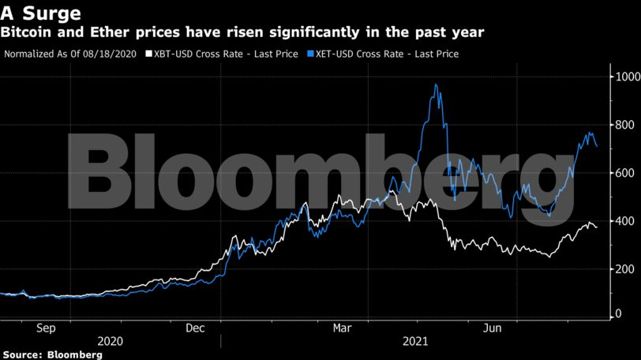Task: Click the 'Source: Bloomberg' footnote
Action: pyautogui.click(x=51, y=354)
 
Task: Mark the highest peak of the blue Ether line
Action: pyautogui.click(x=436, y=84)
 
